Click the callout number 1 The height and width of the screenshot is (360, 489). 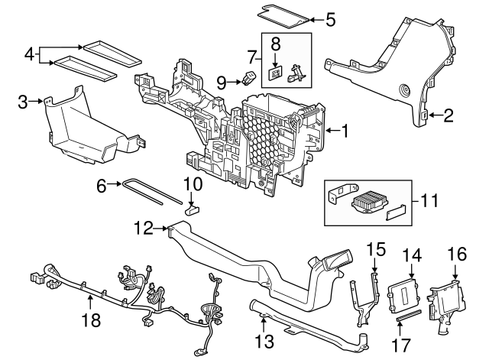[345, 131]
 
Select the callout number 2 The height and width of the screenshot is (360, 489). [449, 116]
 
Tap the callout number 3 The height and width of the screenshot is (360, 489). [23, 101]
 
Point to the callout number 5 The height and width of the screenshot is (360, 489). [330, 19]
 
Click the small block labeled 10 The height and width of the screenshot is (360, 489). [193, 205]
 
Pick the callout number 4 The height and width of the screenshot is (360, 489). [29, 54]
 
